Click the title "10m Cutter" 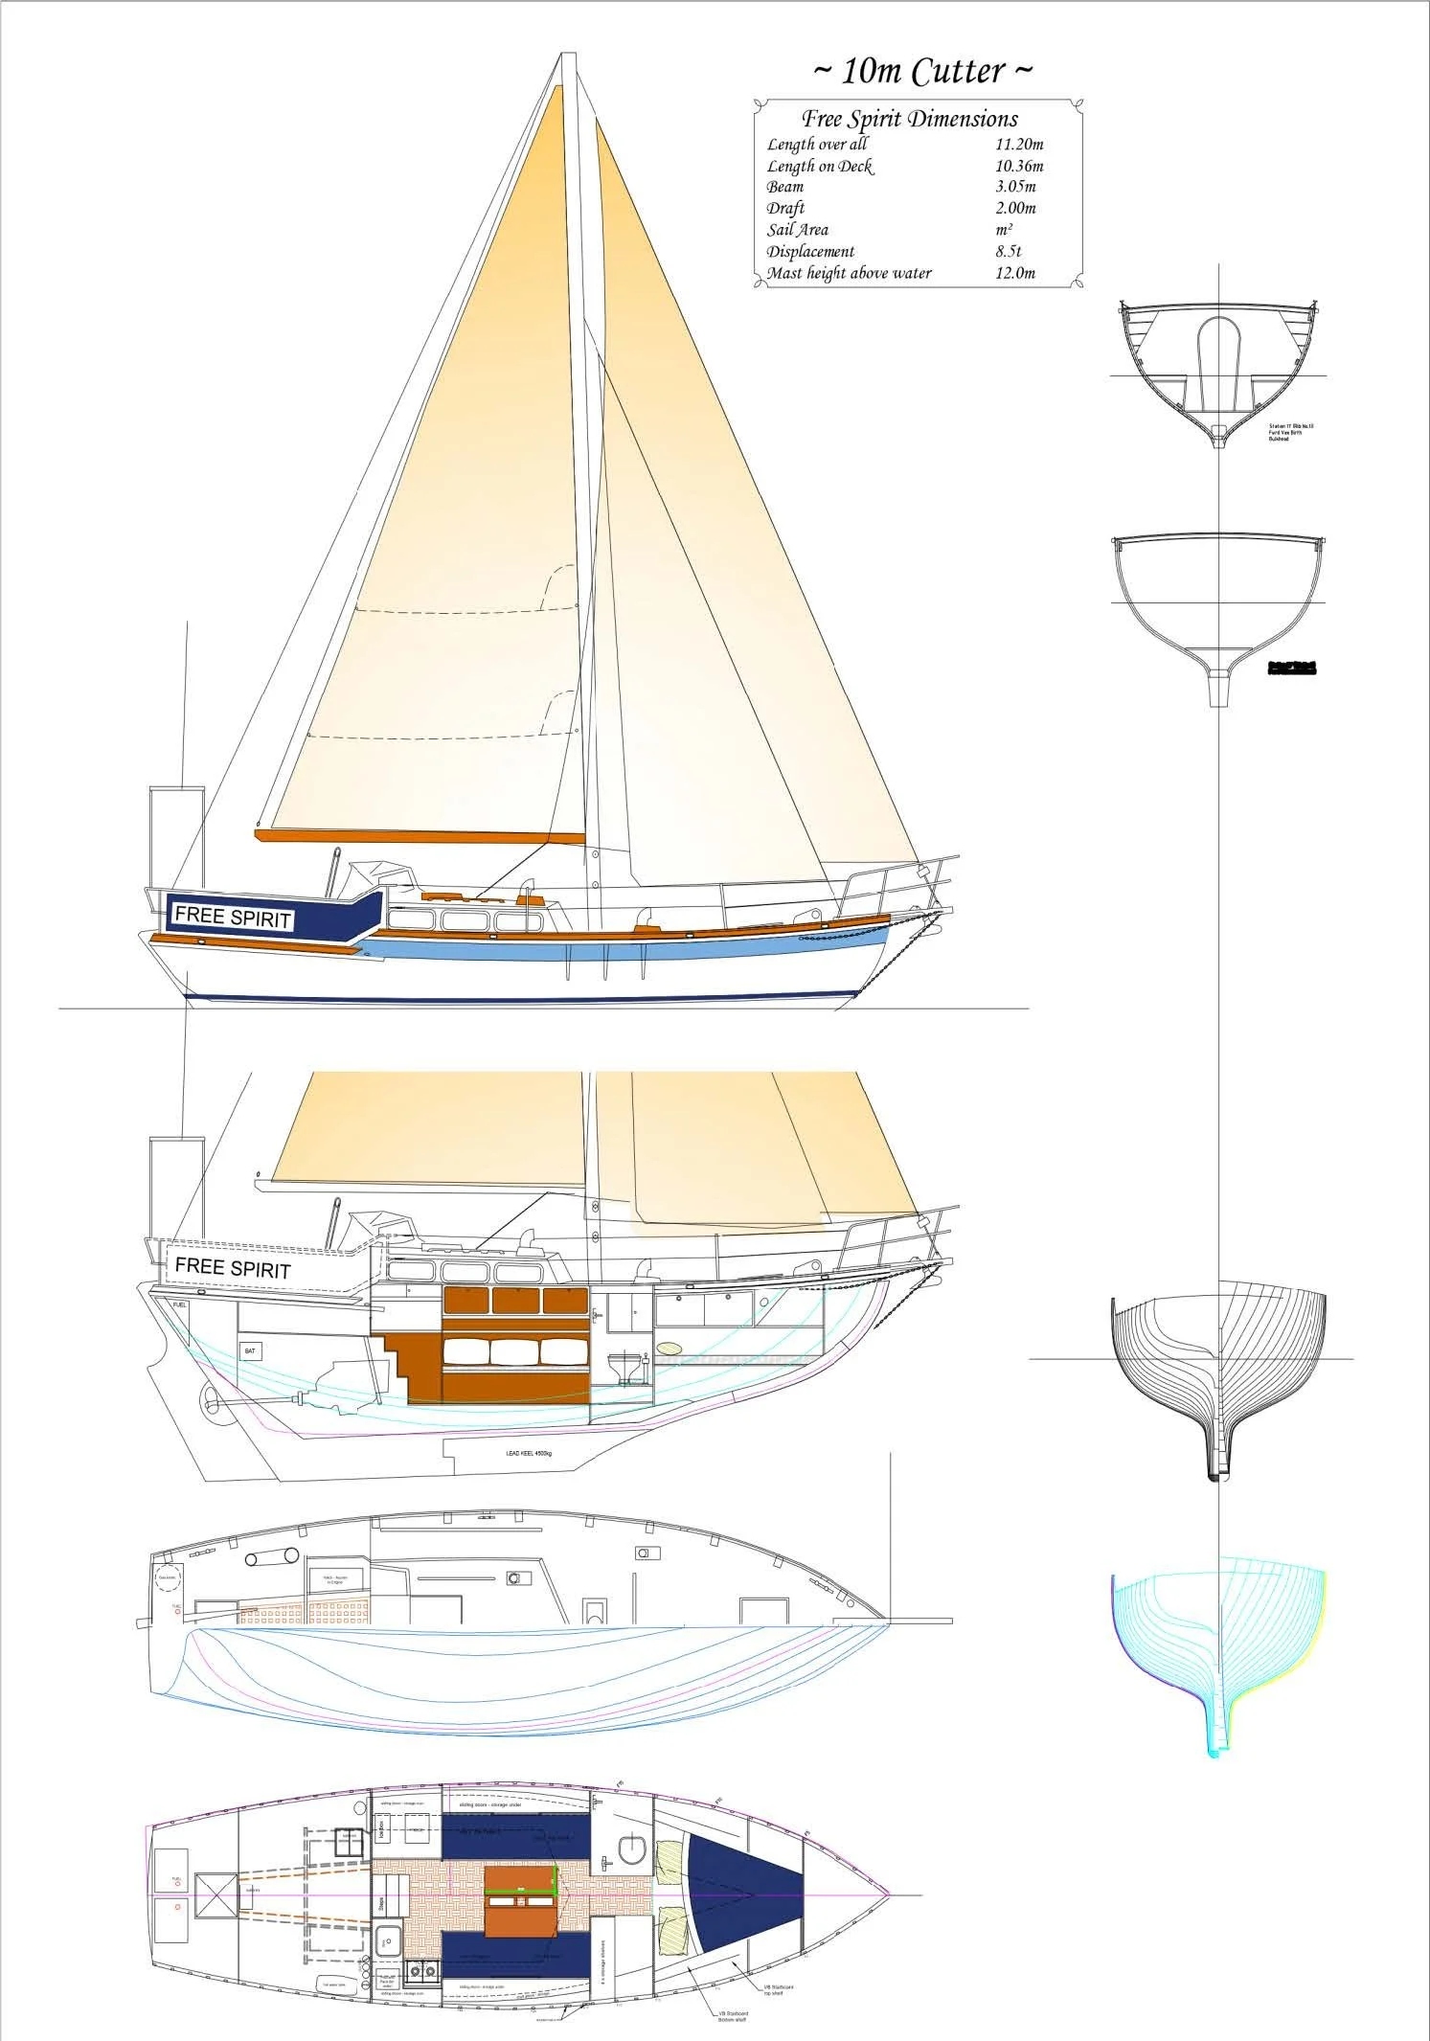pyautogui.click(x=922, y=72)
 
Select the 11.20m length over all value pyautogui.click(x=1019, y=145)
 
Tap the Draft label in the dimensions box pyautogui.click(x=785, y=208)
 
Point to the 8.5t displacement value pyautogui.click(x=1010, y=252)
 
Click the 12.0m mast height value pyautogui.click(x=1015, y=273)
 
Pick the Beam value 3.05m pyautogui.click(x=1015, y=187)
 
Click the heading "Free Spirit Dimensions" pyautogui.click(x=909, y=119)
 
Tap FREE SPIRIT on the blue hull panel pyautogui.click(x=232, y=917)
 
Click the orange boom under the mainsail pyautogui.click(x=420, y=836)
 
